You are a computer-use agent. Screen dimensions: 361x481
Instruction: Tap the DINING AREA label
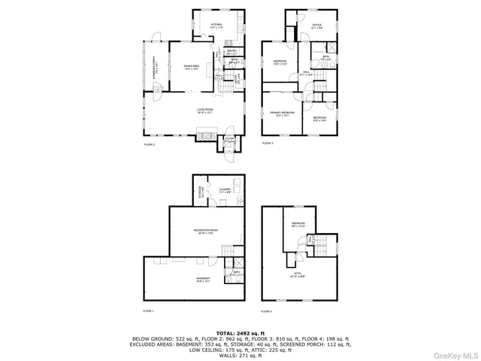[191, 67]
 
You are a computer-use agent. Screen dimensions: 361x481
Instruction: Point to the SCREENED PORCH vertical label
[155, 68]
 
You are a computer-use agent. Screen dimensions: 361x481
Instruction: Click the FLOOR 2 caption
[149, 144]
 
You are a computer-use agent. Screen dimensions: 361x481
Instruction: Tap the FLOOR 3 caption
[268, 143]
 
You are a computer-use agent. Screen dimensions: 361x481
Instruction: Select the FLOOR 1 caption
[148, 310]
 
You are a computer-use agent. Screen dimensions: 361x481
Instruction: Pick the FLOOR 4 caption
[266, 310]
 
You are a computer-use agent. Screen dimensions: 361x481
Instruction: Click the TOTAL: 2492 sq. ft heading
[240, 332]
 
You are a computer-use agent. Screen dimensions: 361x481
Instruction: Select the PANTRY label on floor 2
[232, 50]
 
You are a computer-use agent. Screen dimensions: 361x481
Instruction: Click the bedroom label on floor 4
[298, 224]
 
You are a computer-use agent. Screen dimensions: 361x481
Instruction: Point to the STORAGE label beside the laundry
[201, 190]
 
